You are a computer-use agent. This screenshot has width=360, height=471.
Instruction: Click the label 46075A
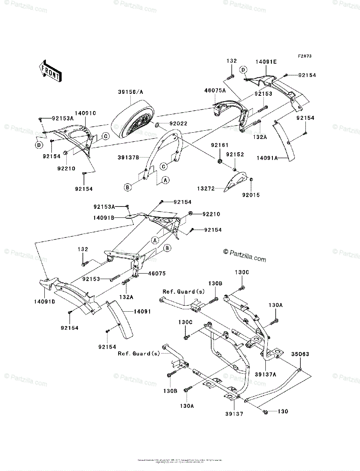pos(215,90)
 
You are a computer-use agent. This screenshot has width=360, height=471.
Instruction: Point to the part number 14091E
pos(265,62)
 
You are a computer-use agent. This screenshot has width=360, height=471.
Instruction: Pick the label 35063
pos(300,354)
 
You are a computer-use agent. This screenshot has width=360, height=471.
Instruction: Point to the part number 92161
pos(219,145)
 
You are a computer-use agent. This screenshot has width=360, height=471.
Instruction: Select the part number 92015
pos(251,194)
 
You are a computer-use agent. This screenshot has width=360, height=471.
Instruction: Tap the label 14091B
pos(104,217)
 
